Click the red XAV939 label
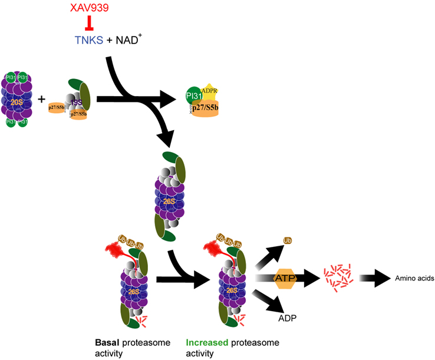coord(89,9)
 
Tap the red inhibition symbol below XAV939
coord(90,24)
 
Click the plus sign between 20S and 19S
coord(42,98)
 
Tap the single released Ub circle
coord(288,241)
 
